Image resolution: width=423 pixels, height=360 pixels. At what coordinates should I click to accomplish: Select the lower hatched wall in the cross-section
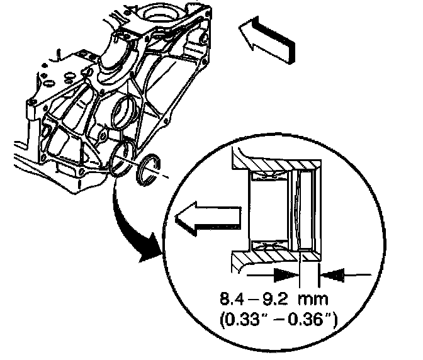pos(277,251)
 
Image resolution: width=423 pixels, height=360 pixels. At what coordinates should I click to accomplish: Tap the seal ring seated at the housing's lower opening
pos(122,157)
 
